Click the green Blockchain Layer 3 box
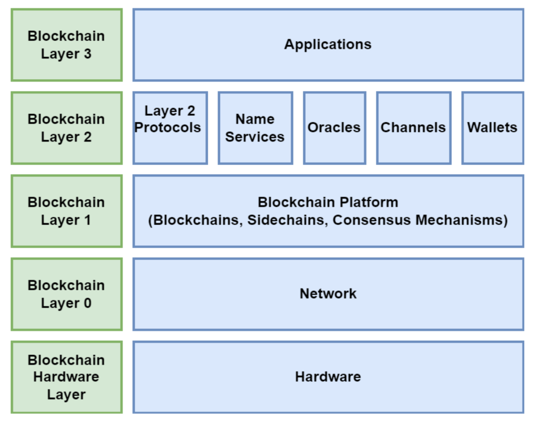(66, 45)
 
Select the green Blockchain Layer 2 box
(66, 128)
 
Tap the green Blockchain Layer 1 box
(66, 211)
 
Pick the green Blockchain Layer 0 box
(66, 294)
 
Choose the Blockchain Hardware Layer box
(66, 377)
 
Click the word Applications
(327, 44)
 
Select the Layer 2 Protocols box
(170, 128)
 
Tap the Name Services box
(255, 128)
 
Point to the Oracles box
(334, 128)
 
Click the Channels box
(413, 128)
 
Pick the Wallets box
(492, 128)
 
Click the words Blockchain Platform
(327, 202)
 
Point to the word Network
(327, 294)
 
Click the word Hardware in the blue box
(327, 377)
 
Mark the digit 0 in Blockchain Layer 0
(87, 303)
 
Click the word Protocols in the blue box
(168, 127)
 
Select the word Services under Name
(255, 137)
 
